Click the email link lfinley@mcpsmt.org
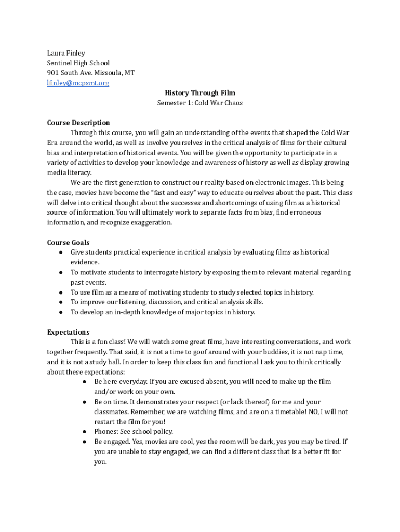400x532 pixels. click(78, 83)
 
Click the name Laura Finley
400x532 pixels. click(66, 53)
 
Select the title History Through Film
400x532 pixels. click(200, 93)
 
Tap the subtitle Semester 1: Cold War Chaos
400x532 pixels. click(200, 103)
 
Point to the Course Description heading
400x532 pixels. click(78, 123)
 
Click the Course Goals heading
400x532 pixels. click(68, 243)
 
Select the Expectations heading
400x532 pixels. click(68, 332)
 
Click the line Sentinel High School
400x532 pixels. click(78, 63)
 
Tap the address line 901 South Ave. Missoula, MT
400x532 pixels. click(91, 73)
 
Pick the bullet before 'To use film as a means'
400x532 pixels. click(61, 292)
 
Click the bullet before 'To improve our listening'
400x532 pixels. click(61, 302)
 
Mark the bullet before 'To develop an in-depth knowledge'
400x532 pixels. click(61, 312)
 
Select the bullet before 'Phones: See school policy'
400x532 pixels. click(84, 432)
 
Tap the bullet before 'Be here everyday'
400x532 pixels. click(84, 382)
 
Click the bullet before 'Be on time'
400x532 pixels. click(84, 402)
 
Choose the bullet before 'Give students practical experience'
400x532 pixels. click(61, 252)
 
